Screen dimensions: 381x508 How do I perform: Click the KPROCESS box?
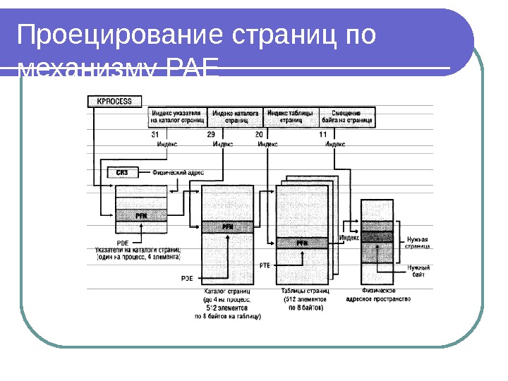(x=114, y=101)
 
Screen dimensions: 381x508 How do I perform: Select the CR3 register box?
(x=121, y=171)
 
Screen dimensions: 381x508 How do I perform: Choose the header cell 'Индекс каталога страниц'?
(x=234, y=116)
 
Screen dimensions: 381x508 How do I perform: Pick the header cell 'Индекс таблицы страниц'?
(x=291, y=116)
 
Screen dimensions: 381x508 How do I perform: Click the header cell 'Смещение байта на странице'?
(x=346, y=116)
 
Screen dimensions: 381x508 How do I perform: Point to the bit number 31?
(x=155, y=134)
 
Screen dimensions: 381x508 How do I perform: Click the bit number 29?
(x=210, y=134)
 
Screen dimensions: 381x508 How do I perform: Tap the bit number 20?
(x=260, y=134)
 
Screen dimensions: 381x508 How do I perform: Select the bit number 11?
(x=322, y=134)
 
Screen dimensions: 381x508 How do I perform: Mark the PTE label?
(x=265, y=265)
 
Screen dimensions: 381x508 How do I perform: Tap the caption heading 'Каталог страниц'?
(x=227, y=291)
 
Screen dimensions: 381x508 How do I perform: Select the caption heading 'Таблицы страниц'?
(x=305, y=291)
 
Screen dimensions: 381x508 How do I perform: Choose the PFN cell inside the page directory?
(x=227, y=227)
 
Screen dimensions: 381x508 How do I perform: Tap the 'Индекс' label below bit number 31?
(x=167, y=144)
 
